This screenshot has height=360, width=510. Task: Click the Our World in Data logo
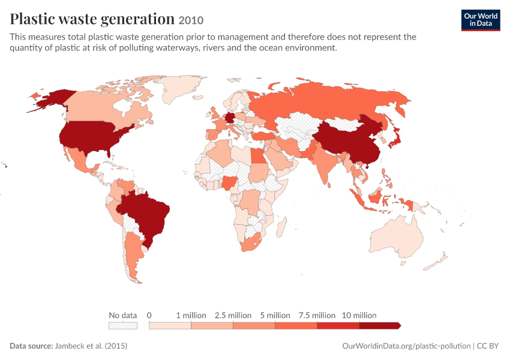(481, 20)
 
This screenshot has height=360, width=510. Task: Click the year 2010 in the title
(191, 20)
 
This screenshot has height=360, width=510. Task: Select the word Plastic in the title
(32, 19)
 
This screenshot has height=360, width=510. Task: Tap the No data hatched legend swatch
(123, 326)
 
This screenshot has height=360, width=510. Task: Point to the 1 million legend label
(191, 315)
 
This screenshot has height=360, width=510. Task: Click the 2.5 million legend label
(233, 315)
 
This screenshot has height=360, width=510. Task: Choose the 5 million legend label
(275, 315)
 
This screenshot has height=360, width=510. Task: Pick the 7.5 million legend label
(317, 315)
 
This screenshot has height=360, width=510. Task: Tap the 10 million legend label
(359, 315)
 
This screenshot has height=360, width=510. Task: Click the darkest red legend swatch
(380, 326)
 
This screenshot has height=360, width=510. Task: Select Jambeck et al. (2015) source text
(91, 346)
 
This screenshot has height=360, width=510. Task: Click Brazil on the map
(146, 216)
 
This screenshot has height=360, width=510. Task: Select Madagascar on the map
(281, 227)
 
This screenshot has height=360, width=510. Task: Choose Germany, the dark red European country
(230, 118)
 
